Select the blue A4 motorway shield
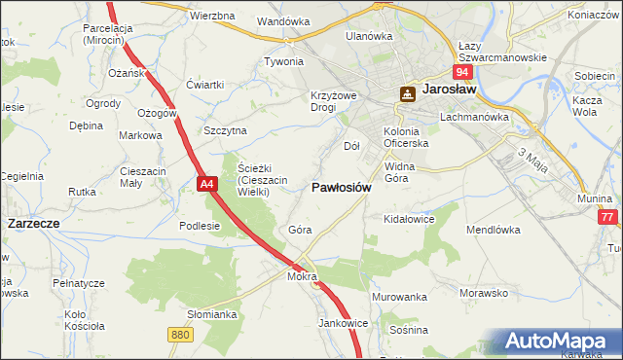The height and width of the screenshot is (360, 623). (x=205, y=183)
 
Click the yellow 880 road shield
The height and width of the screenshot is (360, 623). (x=179, y=334)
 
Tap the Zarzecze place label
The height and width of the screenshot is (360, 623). (x=34, y=223)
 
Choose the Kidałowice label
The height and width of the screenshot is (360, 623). (x=409, y=220)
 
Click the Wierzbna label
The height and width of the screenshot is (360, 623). (x=212, y=17)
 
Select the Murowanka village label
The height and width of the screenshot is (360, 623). (x=399, y=296)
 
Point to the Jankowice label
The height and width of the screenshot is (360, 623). (x=343, y=322)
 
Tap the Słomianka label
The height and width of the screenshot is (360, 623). (x=212, y=314)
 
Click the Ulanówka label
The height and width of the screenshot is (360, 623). (x=369, y=36)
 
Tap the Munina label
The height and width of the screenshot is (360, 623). (x=594, y=198)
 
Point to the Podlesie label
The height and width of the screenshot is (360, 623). (x=200, y=226)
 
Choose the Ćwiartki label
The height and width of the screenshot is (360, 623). (x=205, y=84)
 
